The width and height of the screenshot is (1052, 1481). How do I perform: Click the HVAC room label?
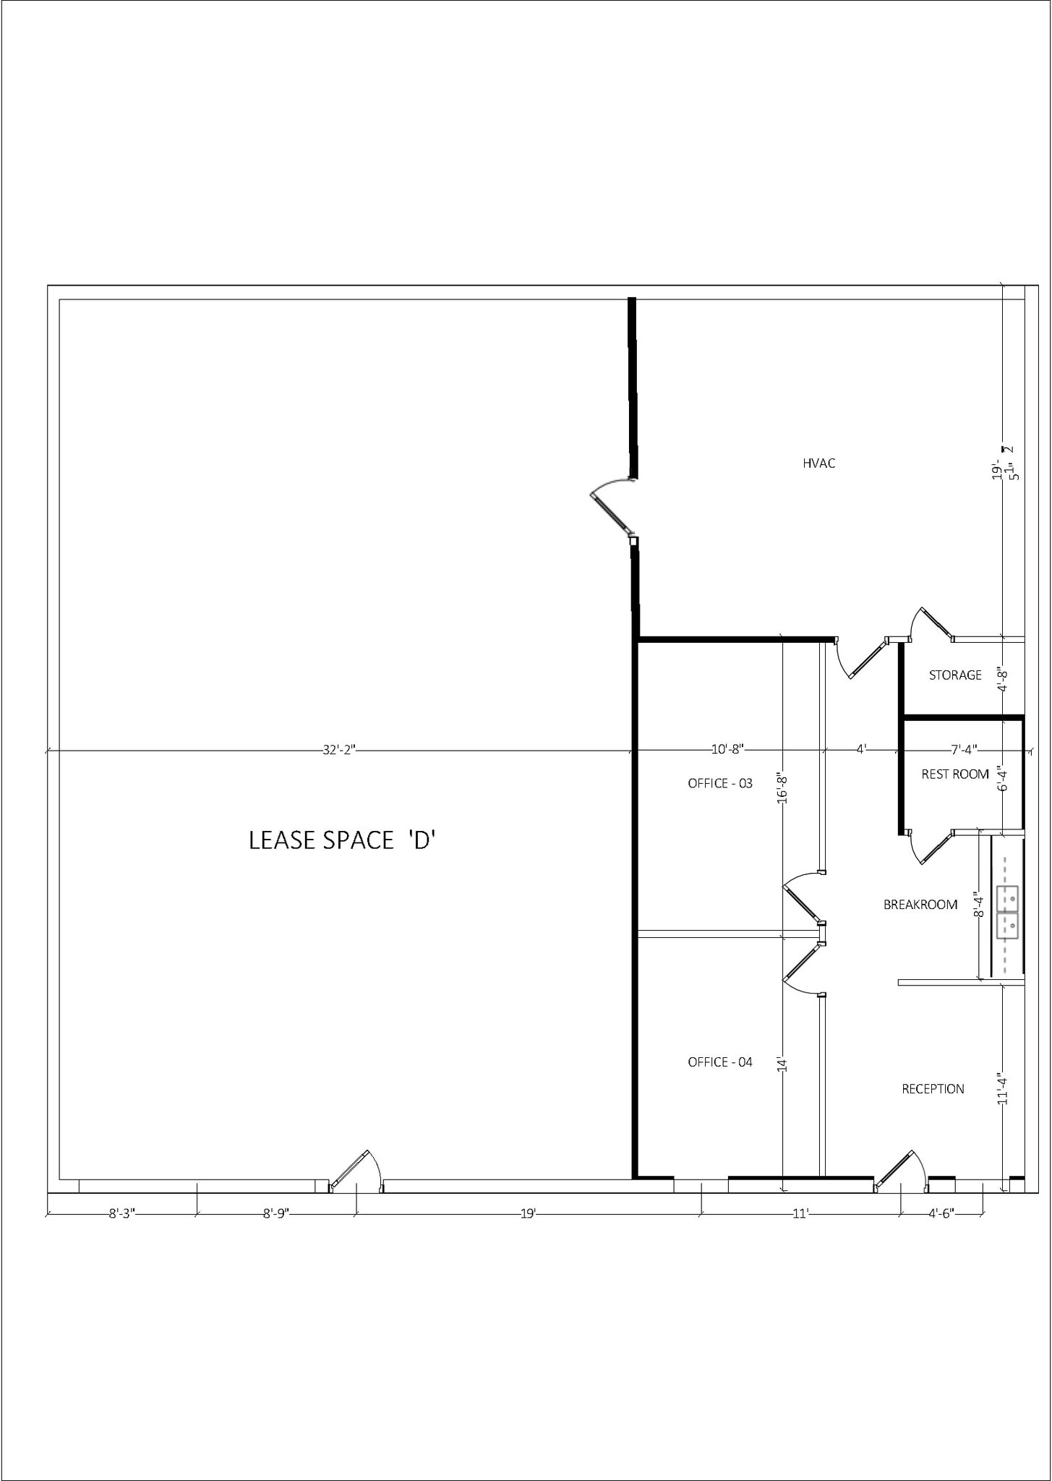click(x=818, y=464)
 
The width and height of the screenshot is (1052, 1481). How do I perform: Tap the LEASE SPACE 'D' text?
click(x=341, y=840)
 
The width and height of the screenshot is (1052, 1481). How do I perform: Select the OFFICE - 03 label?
click(x=720, y=783)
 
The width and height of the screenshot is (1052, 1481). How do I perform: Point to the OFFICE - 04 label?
click(x=720, y=1062)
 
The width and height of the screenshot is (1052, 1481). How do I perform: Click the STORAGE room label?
click(x=955, y=675)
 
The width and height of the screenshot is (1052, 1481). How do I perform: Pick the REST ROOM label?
click(x=954, y=774)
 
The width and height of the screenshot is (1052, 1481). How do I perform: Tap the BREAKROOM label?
click(x=920, y=905)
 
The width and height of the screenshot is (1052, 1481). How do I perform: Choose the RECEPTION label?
click(x=932, y=1088)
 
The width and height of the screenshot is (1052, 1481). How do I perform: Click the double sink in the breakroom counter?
click(x=1007, y=912)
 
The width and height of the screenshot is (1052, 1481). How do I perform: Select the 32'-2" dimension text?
click(x=339, y=750)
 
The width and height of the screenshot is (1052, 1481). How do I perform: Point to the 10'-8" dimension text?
click(x=727, y=750)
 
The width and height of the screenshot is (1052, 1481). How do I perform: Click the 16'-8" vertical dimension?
click(x=782, y=788)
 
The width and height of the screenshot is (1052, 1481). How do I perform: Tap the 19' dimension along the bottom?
click(x=527, y=1214)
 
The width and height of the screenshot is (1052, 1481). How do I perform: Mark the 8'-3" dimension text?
click(x=122, y=1214)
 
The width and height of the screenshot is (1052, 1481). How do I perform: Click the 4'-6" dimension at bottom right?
click(x=941, y=1214)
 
